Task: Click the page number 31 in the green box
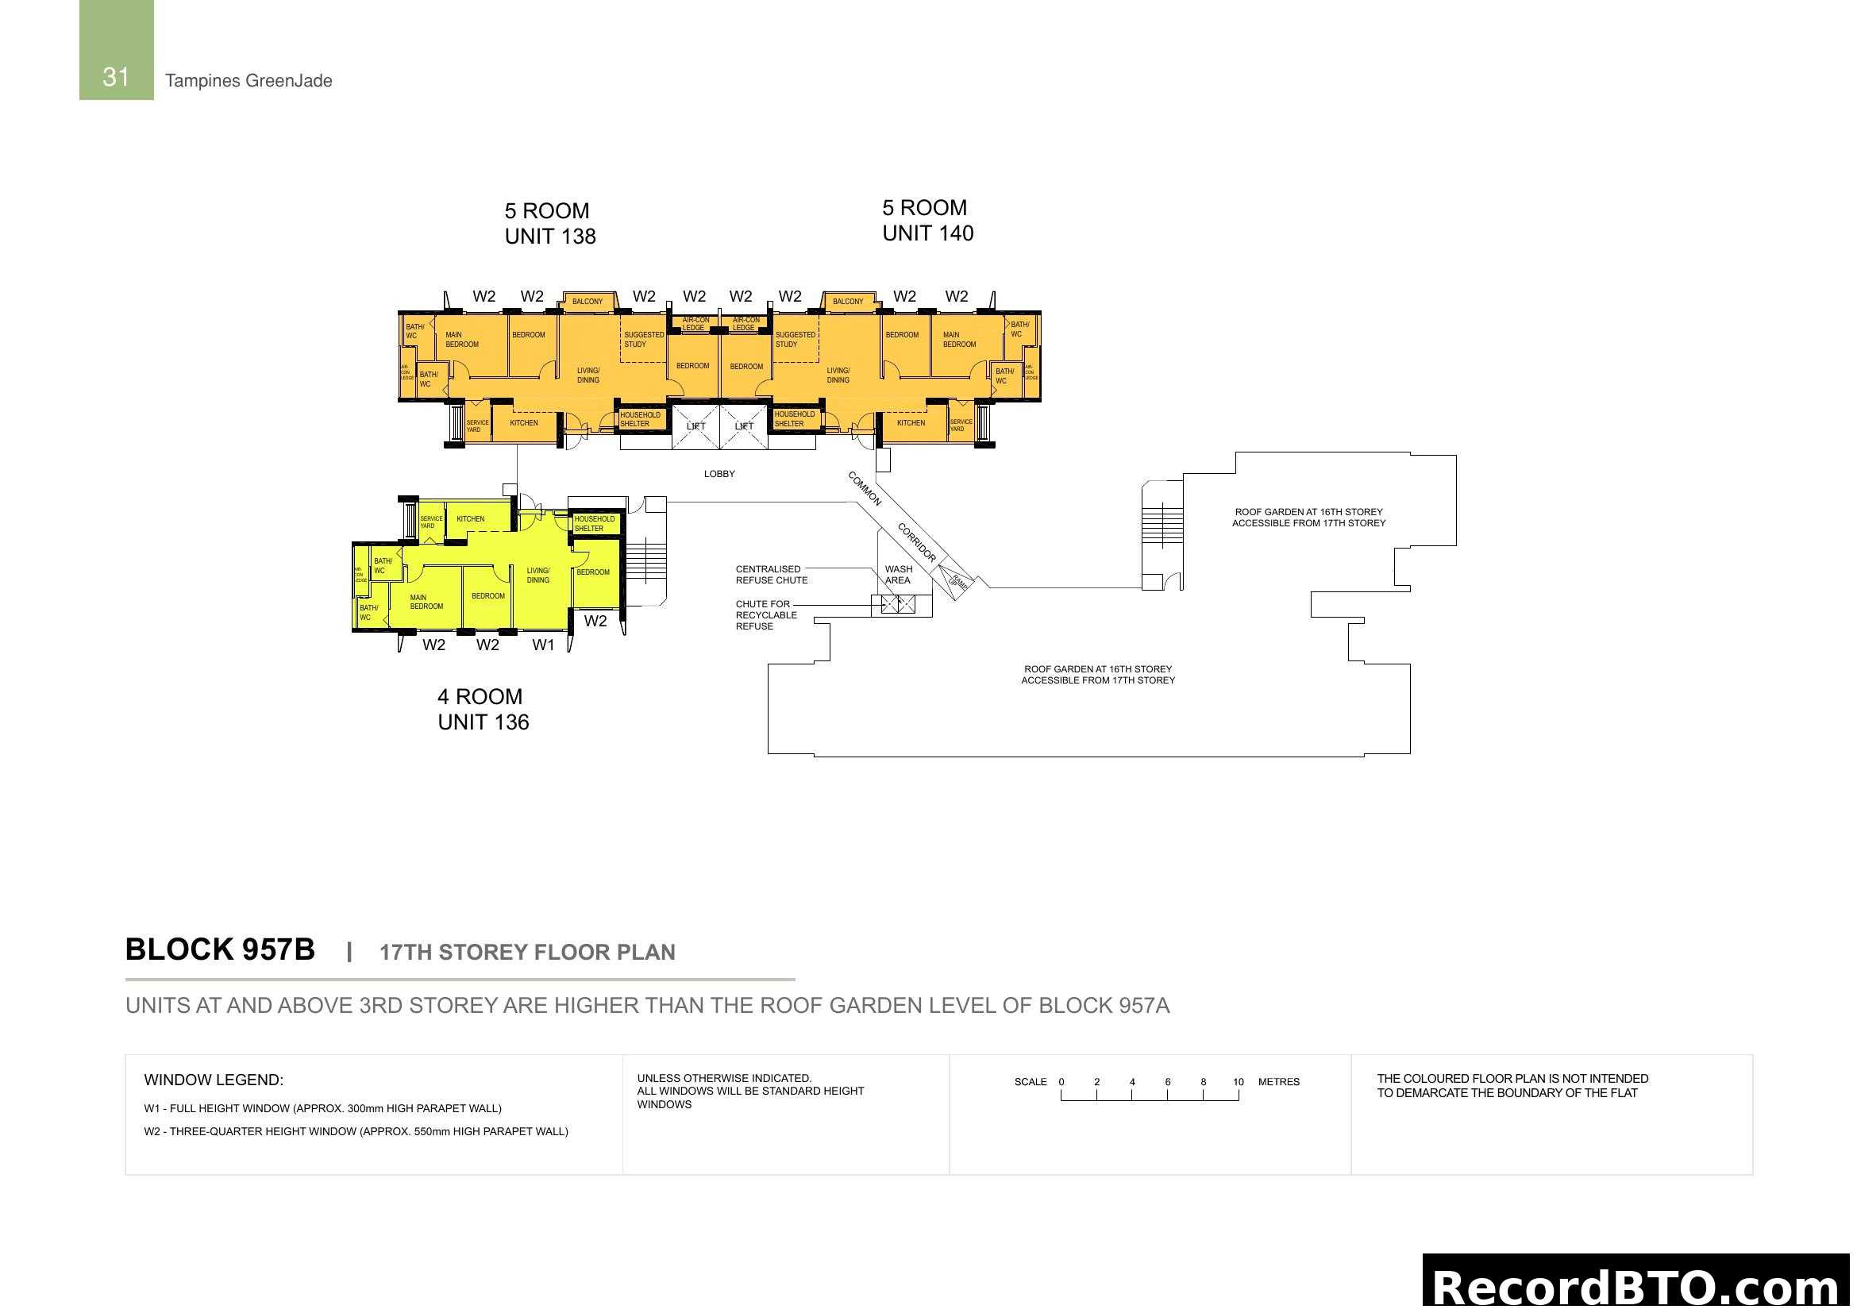116,77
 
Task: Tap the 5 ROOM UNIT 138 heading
550,223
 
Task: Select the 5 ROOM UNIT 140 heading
927,220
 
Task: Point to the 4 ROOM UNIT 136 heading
483,709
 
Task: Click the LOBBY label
719,474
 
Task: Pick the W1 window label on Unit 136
544,645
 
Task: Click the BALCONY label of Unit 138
588,302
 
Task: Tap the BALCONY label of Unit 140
848,302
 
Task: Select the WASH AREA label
898,575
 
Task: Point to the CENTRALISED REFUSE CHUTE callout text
771,575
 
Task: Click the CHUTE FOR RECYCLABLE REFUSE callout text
766,615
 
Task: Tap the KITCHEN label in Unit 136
471,519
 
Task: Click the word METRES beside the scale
1279,1082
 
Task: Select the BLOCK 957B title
220,950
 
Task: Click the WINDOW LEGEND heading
214,1080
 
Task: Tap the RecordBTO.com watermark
1635,1285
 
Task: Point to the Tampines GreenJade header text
248,81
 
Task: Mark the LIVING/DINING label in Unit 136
537,575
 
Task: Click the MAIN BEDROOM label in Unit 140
959,340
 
